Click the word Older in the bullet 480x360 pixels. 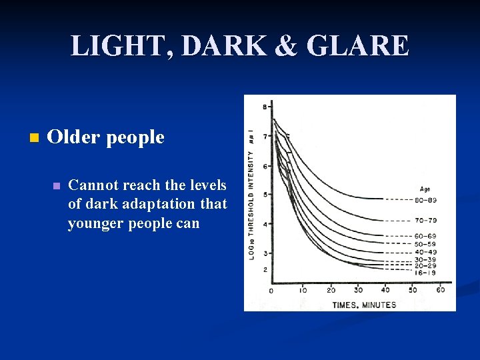(x=71, y=137)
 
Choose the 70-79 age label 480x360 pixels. (x=427, y=220)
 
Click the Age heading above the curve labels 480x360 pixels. (x=425, y=189)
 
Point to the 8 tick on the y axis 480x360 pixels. (x=265, y=107)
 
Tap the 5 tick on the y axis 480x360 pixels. (x=265, y=195)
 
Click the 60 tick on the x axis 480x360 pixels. (x=440, y=290)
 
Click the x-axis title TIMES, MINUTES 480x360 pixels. (x=365, y=305)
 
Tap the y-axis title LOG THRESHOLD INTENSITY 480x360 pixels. (x=252, y=193)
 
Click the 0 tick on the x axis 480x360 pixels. (x=271, y=291)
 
